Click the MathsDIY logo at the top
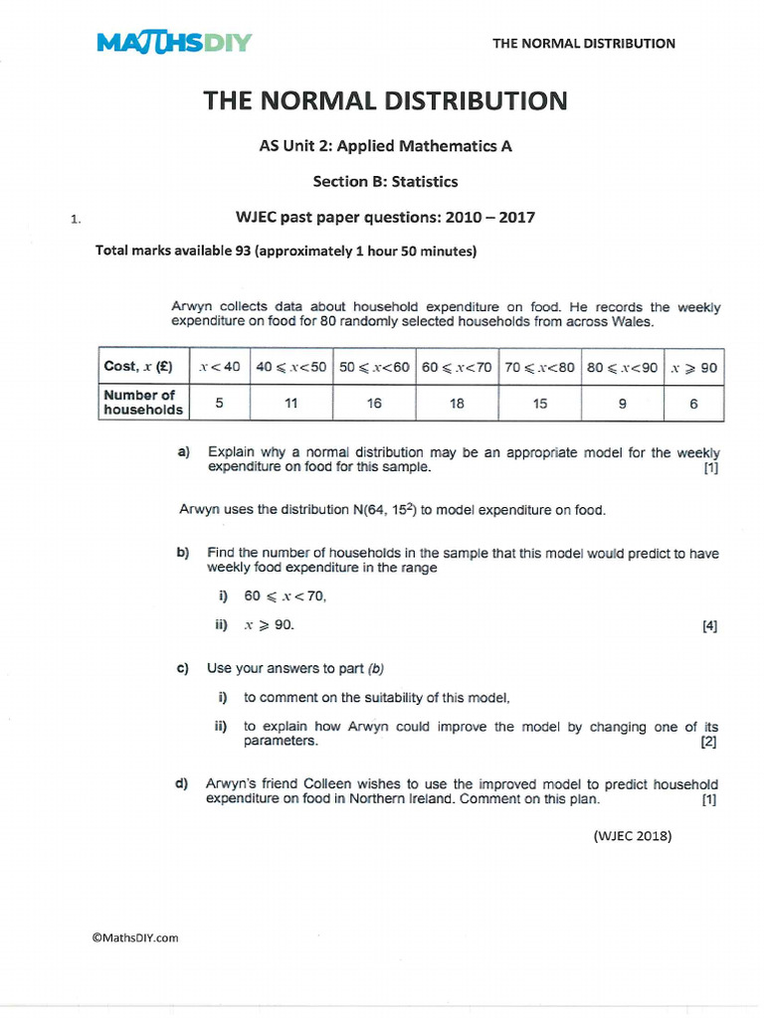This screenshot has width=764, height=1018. (174, 43)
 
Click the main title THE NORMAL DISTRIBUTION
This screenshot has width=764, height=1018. (386, 100)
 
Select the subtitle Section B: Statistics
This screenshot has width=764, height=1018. (386, 181)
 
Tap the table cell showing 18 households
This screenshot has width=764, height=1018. (457, 403)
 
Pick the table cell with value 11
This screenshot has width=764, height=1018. (290, 403)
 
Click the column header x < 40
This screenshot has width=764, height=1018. (219, 367)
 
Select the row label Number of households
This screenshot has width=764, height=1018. (143, 403)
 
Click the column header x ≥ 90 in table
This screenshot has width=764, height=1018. (693, 367)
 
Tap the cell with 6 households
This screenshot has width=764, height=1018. (693, 403)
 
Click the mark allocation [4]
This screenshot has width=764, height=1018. (709, 626)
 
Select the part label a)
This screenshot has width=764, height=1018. (183, 452)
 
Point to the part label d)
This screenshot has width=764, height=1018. (182, 784)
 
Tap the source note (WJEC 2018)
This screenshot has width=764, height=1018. (633, 836)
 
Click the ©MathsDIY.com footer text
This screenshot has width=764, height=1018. (135, 937)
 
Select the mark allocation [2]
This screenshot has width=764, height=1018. (708, 742)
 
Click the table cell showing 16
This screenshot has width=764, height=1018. (373, 403)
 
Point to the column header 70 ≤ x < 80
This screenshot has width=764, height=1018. (539, 367)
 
